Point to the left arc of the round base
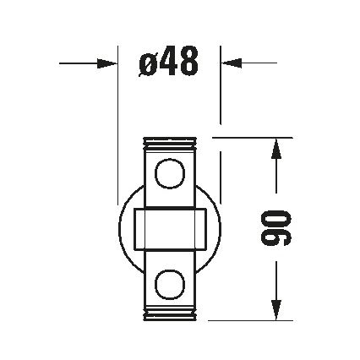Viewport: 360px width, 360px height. click(x=120, y=229)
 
